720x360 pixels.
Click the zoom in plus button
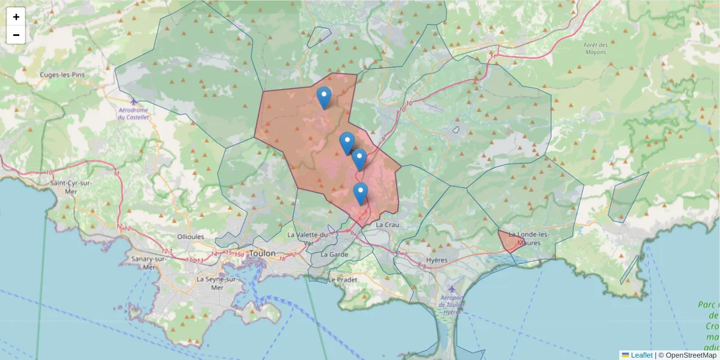tap(16, 17)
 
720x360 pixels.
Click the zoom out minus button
tap(16, 35)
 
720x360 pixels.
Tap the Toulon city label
tap(262, 253)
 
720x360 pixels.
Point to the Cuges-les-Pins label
tap(62, 75)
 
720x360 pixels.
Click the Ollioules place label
tap(191, 236)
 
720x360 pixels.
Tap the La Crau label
tap(387, 224)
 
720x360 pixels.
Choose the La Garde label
tap(334, 254)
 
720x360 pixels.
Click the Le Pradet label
tap(343, 280)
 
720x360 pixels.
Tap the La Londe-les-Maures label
tap(524, 238)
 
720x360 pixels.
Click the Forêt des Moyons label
tap(595, 49)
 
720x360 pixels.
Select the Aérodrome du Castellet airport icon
tap(133, 101)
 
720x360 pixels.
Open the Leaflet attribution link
tap(640, 355)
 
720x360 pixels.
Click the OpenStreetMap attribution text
tap(691, 355)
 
